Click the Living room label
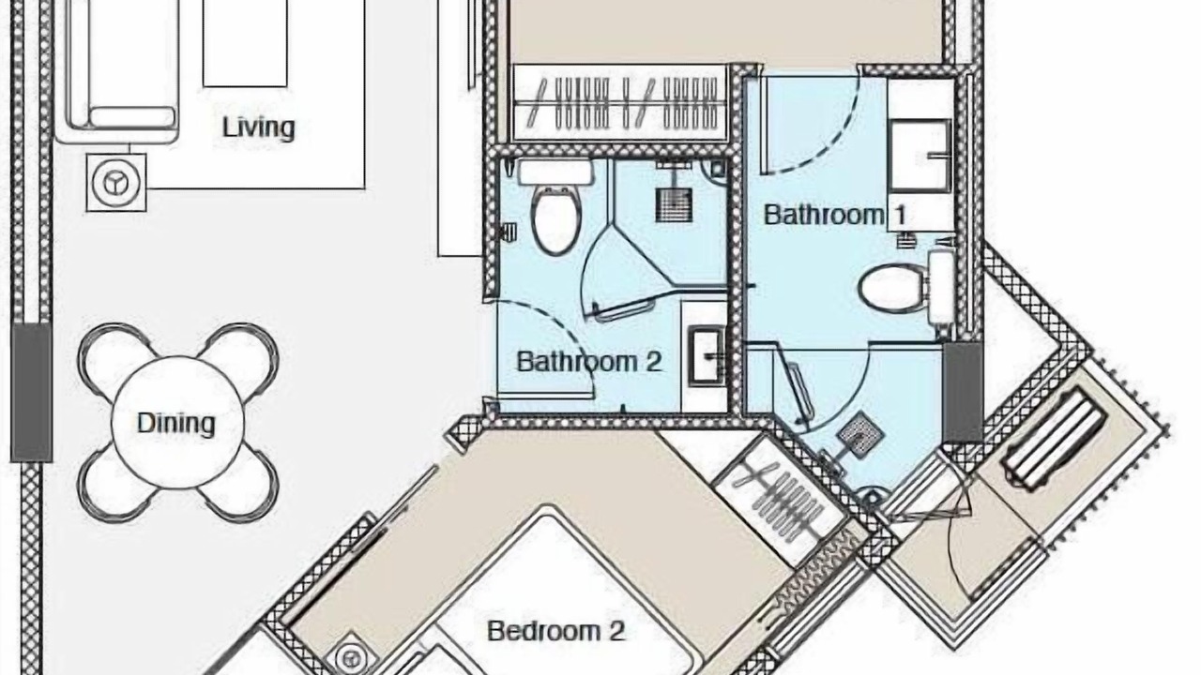(258, 127)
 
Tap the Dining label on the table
(176, 423)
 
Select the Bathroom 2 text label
(588, 362)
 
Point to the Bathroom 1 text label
(835, 215)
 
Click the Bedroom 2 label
(556, 631)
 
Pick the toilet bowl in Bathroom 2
(556, 220)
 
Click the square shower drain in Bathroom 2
(674, 204)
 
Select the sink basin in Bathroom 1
(920, 156)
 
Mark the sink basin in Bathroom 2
(707, 355)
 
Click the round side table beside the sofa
(116, 182)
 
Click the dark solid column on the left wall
(32, 392)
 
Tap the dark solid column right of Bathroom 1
(963, 392)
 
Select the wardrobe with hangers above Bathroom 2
(620, 103)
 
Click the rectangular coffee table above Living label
(245, 43)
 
